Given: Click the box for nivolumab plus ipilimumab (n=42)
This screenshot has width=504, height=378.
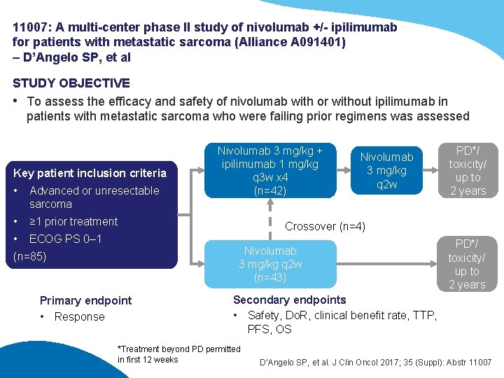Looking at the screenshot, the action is coord(269,170).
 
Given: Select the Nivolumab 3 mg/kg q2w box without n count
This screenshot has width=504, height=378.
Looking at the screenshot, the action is coord(386,171).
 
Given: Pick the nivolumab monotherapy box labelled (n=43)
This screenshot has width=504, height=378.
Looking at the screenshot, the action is coord(269,264).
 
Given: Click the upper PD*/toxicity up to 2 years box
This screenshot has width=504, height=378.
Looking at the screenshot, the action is coord(467,171).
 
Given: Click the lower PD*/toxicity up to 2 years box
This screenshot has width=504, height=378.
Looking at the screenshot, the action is coord(467,264).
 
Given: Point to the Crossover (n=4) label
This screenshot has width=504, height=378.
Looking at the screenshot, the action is coord(325,226).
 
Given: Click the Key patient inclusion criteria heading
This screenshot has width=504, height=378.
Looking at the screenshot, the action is coord(90,173).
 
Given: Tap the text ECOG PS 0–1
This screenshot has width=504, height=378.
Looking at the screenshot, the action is coord(65,239).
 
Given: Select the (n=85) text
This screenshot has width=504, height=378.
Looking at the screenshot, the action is coord(29,256).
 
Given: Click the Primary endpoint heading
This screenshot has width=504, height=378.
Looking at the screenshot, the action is coord(85,300).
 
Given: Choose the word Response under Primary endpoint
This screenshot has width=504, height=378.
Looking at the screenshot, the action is coord(79,316).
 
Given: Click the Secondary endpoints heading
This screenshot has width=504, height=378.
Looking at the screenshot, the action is coord(289,300).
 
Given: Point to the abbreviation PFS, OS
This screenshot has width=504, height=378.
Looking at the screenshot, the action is coord(269,329).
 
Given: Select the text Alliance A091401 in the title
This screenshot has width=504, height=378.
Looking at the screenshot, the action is coord(297,42).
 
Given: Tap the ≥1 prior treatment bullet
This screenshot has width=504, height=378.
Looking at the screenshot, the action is coord(73,222).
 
